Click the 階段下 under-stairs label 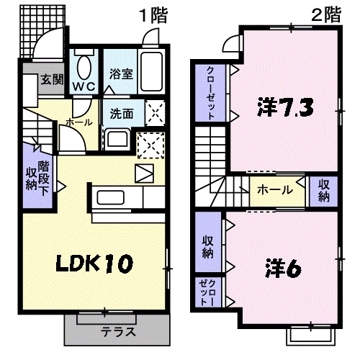[x=44, y=176]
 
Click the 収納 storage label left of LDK [x=32, y=176]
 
